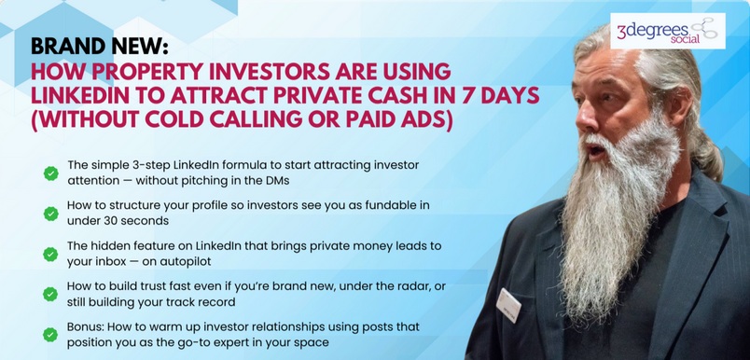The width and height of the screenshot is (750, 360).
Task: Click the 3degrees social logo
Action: tap(667, 31)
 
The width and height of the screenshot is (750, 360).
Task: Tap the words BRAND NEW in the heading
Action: tap(100, 47)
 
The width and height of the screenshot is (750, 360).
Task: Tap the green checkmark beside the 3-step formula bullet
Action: tap(50, 173)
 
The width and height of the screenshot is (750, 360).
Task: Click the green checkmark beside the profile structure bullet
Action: tap(50, 214)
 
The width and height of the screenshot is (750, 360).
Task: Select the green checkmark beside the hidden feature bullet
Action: tap(50, 254)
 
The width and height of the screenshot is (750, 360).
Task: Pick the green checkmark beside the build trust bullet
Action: tap(50, 294)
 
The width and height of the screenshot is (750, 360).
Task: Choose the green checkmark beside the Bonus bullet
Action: tap(50, 335)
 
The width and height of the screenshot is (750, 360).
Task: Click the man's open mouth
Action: tap(596, 151)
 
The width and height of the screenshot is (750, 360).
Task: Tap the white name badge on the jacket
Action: tap(508, 305)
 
